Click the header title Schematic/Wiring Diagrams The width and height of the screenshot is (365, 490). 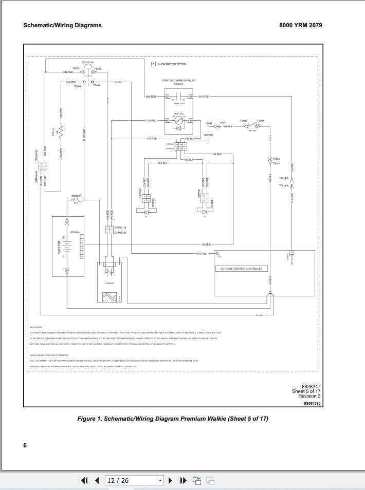[x=62, y=25]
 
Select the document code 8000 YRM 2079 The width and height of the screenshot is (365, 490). [x=301, y=25]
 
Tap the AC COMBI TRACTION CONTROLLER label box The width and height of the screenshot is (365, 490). [x=241, y=269]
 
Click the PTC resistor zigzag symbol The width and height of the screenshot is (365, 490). [x=61, y=131]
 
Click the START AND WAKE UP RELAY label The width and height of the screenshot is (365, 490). [x=178, y=81]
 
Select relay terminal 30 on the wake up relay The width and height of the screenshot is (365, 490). [x=167, y=97]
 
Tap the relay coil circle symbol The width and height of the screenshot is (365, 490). [x=178, y=121]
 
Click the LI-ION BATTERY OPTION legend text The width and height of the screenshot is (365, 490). [x=172, y=64]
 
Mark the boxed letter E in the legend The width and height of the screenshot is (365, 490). [x=153, y=64]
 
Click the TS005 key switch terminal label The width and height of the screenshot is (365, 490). [x=244, y=121]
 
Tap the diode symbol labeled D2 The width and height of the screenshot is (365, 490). [x=146, y=211]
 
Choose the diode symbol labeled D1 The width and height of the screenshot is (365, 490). [x=204, y=211]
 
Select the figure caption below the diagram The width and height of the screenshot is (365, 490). [x=173, y=419]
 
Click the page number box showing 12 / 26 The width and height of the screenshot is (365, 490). [x=133, y=481]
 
